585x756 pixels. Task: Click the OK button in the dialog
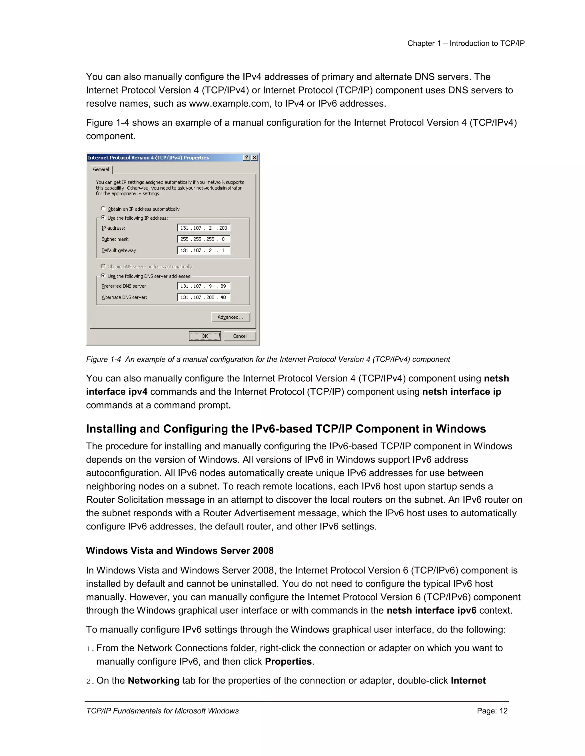[x=205, y=336]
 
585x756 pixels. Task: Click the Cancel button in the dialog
[x=239, y=336]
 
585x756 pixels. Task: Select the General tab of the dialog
[x=101, y=169]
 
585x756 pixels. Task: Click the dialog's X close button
[x=255, y=157]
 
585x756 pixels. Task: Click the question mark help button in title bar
[x=247, y=157]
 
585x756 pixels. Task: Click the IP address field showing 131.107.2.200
[x=203, y=228]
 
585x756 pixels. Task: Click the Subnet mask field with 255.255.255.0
[x=203, y=239]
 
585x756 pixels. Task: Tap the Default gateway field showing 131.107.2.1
[x=203, y=250]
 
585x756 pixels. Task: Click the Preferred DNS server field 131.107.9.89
[x=203, y=286]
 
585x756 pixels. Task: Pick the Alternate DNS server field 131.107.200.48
[x=203, y=297]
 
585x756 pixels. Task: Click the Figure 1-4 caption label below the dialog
[x=268, y=359]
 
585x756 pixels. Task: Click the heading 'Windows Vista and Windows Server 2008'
[x=179, y=551]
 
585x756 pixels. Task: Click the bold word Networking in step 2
[x=153, y=680]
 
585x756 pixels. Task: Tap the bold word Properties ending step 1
[x=288, y=662]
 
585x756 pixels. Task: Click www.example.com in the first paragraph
[x=229, y=104]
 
